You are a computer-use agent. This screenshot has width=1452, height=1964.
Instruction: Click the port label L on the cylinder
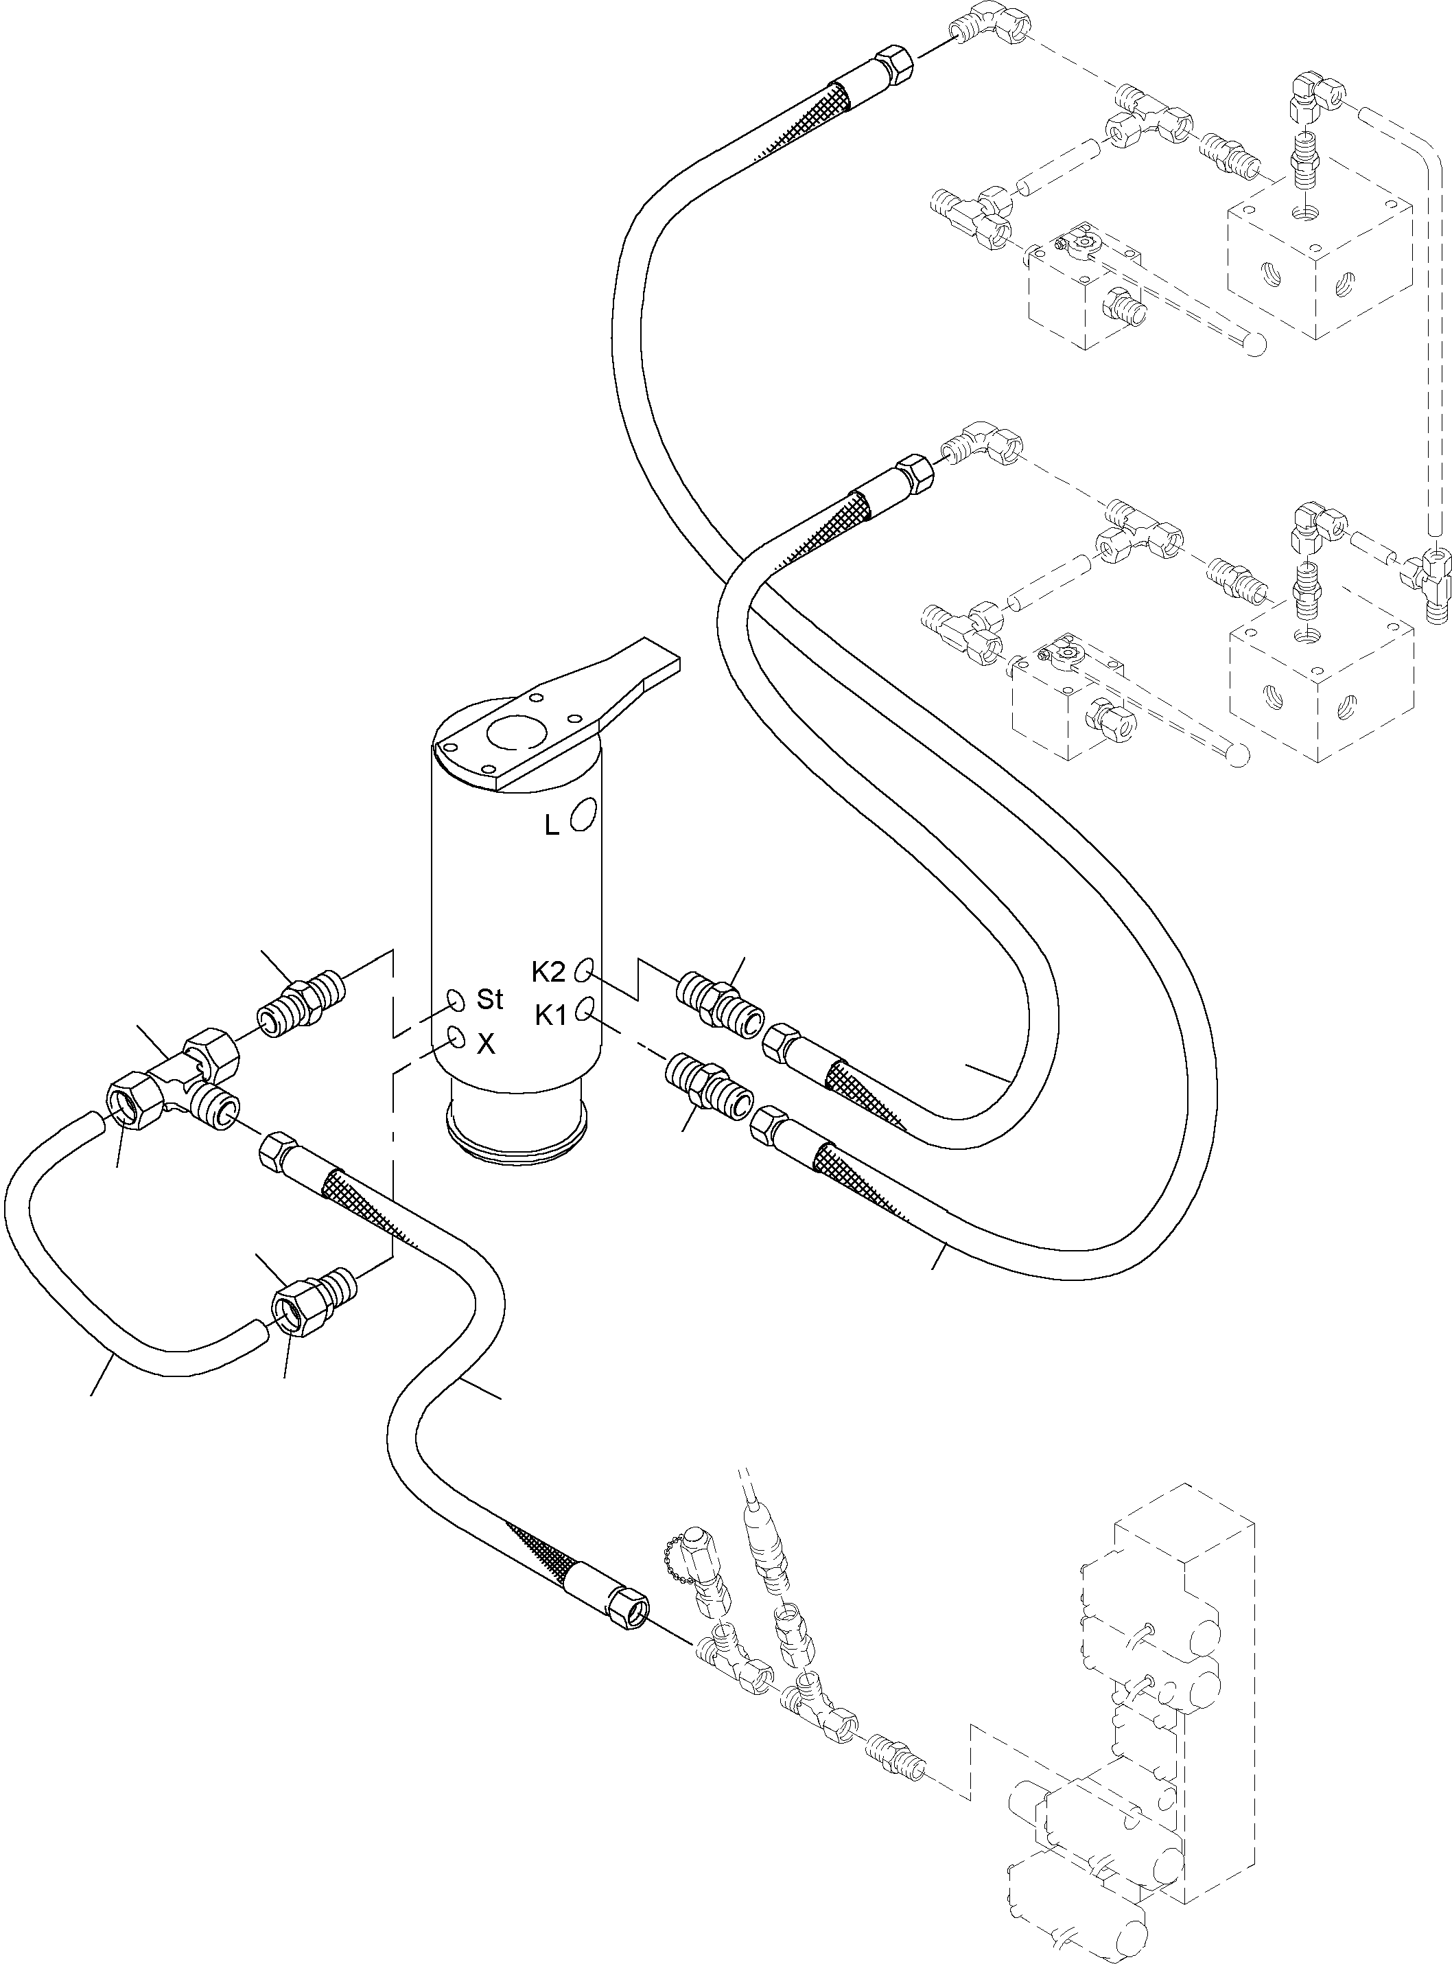(551, 826)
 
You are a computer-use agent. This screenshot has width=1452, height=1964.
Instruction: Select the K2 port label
(550, 971)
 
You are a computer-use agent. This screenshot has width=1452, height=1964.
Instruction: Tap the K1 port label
(551, 1015)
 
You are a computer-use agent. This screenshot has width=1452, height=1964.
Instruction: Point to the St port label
(489, 999)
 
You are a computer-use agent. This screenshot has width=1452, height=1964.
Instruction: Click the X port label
(485, 1043)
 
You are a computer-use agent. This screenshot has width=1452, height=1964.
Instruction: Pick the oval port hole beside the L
(583, 813)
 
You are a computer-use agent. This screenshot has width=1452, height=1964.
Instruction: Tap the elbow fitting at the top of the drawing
(985, 31)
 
